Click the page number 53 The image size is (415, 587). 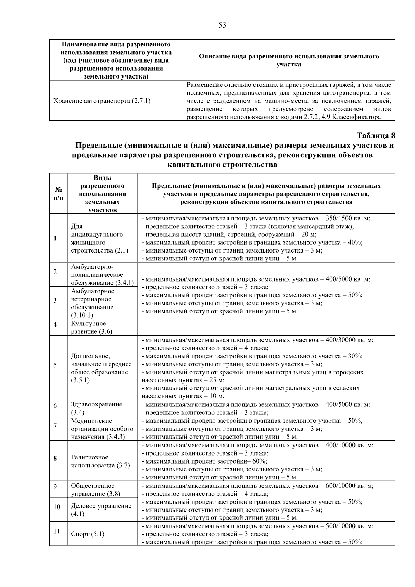tap(222, 25)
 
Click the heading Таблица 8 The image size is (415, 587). tap(375, 135)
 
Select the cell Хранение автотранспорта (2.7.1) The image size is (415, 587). tap(102, 101)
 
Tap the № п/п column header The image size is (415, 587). tap(58, 194)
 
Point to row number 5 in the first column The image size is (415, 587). tap(55, 365)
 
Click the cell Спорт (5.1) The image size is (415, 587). tap(87, 534)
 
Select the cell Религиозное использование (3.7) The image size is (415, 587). tap(100, 461)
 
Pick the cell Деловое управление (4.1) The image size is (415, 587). tap(101, 510)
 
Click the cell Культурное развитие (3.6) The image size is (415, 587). tap(92, 328)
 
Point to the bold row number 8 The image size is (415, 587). tap(55, 459)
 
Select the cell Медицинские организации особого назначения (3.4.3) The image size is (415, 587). tap(102, 429)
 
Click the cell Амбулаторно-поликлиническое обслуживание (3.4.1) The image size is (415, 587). tap(102, 275)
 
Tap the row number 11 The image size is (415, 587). tap(57, 531)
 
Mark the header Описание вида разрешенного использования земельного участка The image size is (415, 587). tap(288, 60)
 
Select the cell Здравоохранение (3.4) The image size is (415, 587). tap(97, 408)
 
